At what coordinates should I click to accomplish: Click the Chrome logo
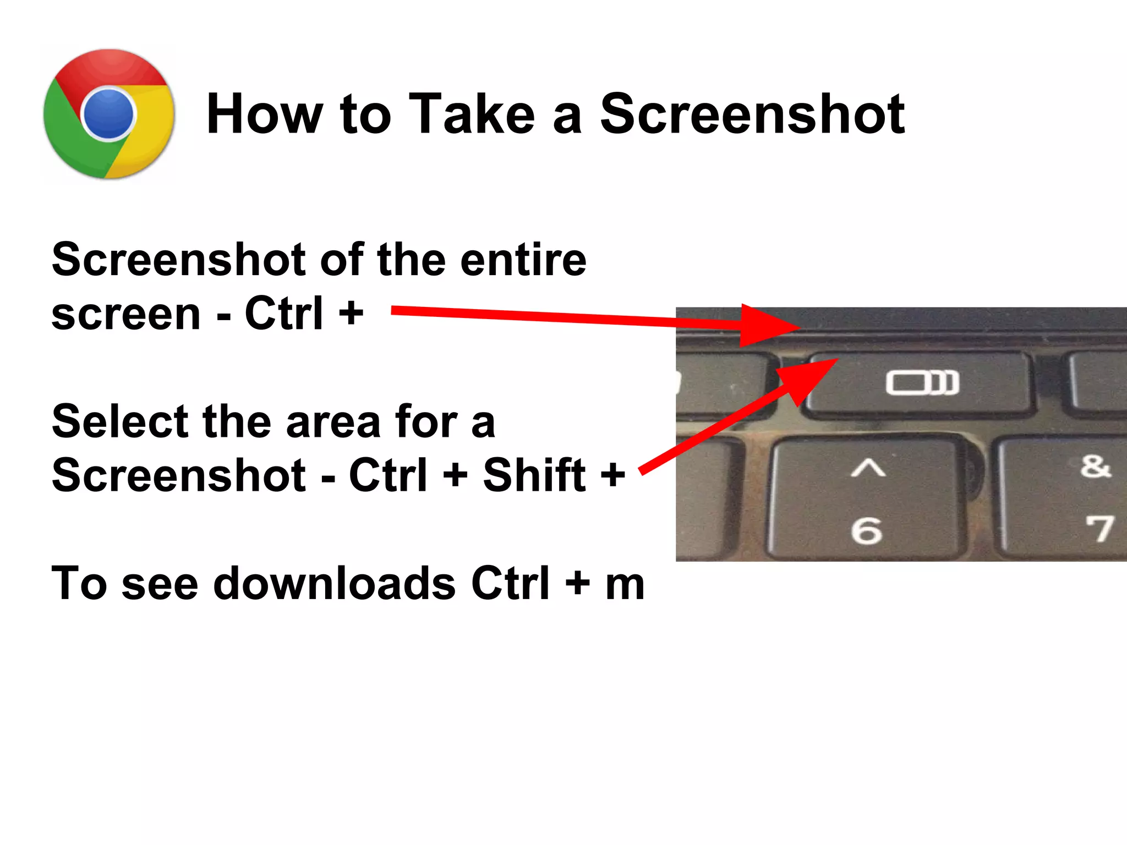coord(109,114)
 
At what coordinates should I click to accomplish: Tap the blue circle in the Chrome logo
coord(108,114)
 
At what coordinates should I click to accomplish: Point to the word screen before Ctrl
coord(126,314)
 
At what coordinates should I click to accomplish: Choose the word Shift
coord(534,475)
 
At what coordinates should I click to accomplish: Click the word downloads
coord(335,583)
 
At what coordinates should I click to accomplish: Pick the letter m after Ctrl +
coord(625,585)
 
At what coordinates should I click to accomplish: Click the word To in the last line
coord(79,583)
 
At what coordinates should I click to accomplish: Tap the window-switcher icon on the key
coord(922,382)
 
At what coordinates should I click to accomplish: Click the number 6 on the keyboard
coord(866,530)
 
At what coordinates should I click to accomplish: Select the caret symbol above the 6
coord(868,468)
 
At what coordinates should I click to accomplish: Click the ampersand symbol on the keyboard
coord(1095,467)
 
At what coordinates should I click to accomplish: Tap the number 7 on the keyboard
coord(1099,529)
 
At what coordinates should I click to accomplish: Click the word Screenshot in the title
coord(752,114)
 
